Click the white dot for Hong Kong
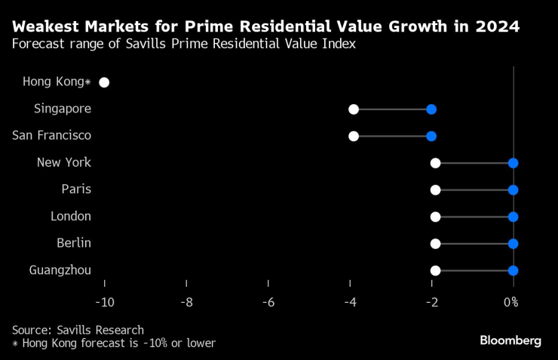pos(104,82)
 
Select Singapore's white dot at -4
pos(354,109)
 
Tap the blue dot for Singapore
pos(431,109)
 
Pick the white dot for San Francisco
pos(354,136)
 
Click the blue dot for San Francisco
pos(431,136)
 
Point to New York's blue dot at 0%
pos(514,163)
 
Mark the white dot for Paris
pos(435,189)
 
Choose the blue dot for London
pos(514,217)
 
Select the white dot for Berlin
pos(435,244)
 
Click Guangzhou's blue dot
pos(514,270)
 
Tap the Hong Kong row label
pos(57,82)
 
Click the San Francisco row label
pos(52,135)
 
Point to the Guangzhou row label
pos(60,269)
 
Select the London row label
pos(70,216)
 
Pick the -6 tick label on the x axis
pos(268,302)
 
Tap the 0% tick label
pos(510,302)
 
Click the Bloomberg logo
pos(510,341)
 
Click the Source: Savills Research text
pos(78,330)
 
